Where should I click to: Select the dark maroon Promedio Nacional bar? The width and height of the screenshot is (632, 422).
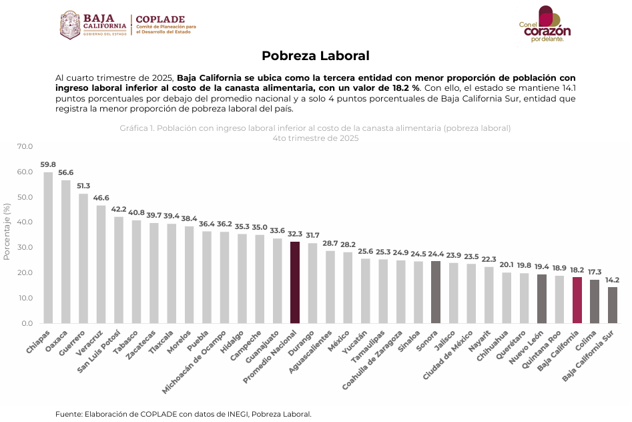pyautogui.click(x=294, y=282)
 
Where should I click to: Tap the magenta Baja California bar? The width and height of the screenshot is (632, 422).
pyautogui.click(x=577, y=300)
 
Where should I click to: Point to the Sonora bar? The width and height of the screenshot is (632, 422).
pyautogui.click(x=436, y=292)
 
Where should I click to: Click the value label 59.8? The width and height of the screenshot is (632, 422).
pyautogui.click(x=48, y=164)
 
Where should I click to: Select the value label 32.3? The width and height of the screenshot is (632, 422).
pyautogui.click(x=294, y=234)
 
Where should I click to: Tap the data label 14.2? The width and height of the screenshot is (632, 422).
pyautogui.click(x=612, y=280)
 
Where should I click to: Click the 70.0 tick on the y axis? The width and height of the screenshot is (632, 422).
pyautogui.click(x=25, y=146)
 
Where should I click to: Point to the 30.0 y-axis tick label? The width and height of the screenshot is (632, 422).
pyautogui.click(x=25, y=248)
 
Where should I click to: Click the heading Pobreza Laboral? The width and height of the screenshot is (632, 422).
pyautogui.click(x=315, y=56)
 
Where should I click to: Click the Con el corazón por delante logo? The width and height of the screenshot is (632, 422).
pyautogui.click(x=546, y=25)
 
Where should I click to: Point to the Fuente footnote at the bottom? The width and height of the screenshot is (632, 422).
pyautogui.click(x=183, y=414)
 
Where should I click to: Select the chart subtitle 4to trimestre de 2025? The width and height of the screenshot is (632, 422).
pyautogui.click(x=315, y=138)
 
